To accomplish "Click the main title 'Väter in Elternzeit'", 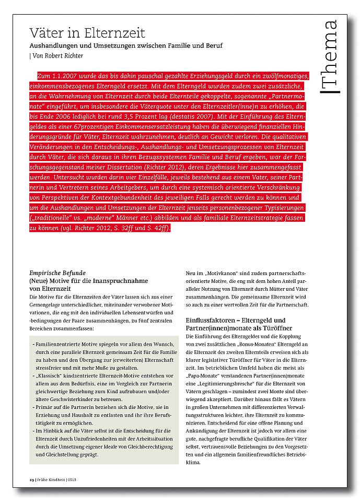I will (x=87, y=33).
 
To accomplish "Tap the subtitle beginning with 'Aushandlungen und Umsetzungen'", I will (x=126, y=46).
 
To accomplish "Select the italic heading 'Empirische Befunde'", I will (x=57, y=273).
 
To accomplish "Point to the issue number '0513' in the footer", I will (x=73, y=480).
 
